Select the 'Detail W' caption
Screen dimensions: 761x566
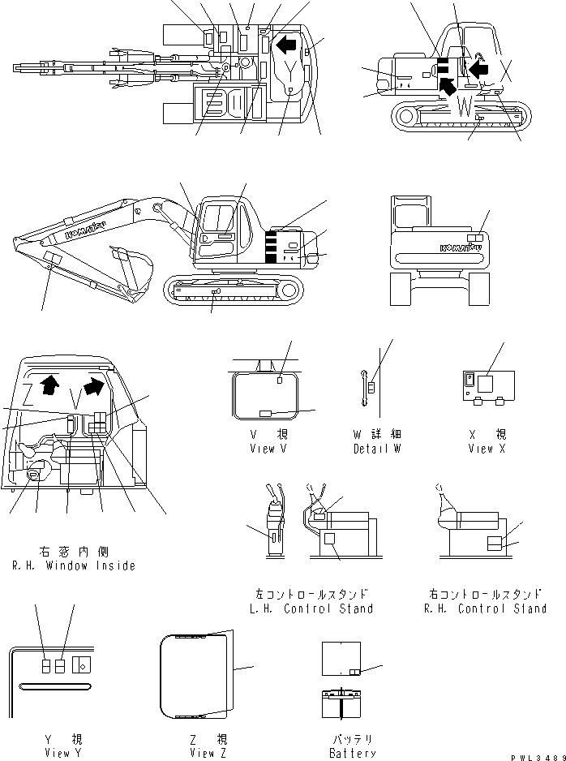click(377, 449)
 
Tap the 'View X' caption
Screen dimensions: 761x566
click(482, 449)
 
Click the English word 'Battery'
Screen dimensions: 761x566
click(353, 753)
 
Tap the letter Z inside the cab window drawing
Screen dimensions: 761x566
click(28, 393)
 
